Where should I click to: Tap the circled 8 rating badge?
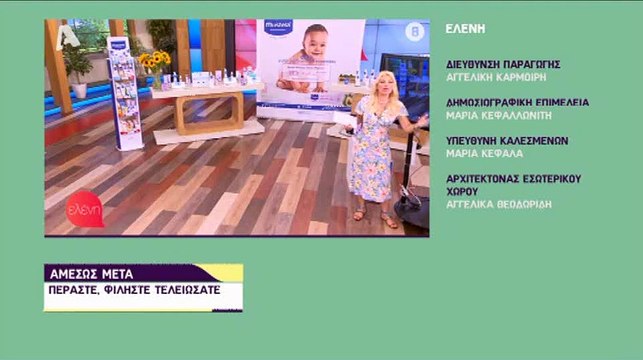(415, 32)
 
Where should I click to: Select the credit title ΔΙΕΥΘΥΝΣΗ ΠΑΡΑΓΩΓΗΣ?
(503, 63)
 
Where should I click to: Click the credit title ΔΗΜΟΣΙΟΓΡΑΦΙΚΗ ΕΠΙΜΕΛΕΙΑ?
(517, 101)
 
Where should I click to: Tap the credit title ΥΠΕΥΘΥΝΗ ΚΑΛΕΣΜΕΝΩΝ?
(507, 140)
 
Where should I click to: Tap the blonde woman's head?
(385, 86)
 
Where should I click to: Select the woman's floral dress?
(373, 150)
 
